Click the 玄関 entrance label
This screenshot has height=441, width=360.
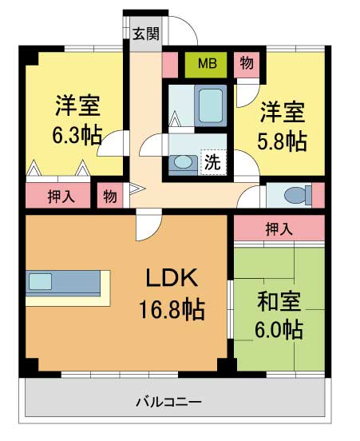[146, 34]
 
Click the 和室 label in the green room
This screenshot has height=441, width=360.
[279, 301]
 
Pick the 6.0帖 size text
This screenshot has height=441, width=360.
[279, 328]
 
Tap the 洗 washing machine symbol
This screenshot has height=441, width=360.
[212, 162]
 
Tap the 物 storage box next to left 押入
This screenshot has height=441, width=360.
[109, 197]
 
